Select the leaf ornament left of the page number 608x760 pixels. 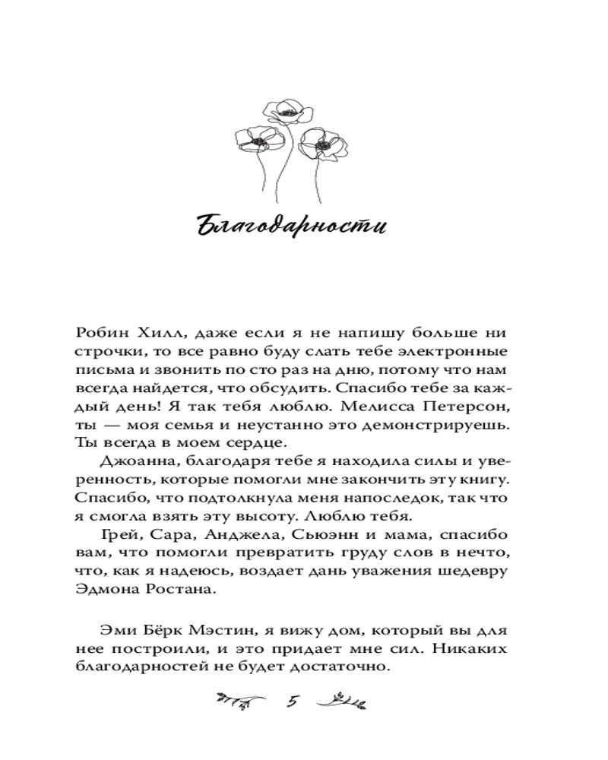(x=239, y=701)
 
